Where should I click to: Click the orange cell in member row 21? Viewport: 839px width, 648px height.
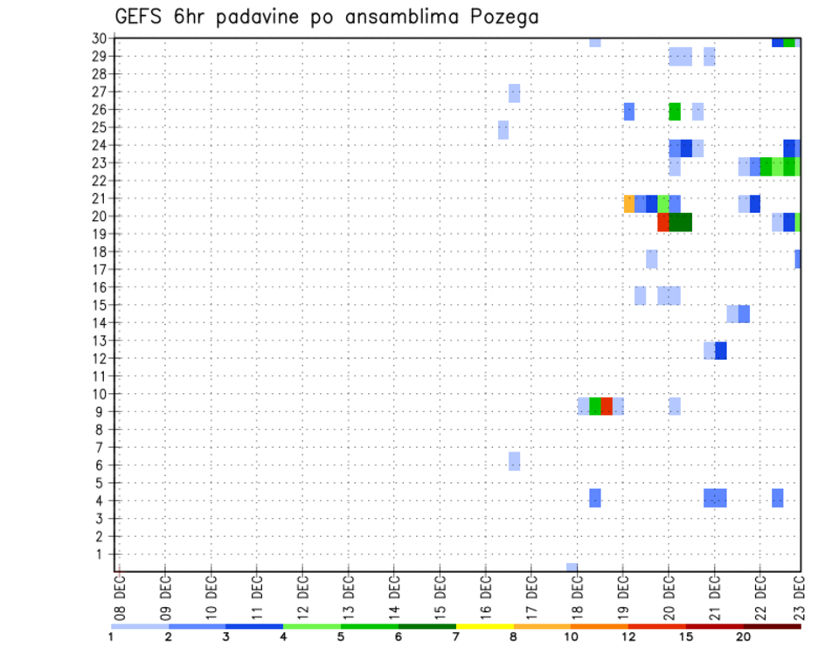coord(629,203)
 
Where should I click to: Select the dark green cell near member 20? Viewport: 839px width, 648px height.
coord(681,222)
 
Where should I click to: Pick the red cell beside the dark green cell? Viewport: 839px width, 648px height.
coord(663,222)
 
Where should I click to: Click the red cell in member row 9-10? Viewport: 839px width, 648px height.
coord(607,406)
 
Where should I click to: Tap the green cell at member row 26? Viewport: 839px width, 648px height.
coord(675,111)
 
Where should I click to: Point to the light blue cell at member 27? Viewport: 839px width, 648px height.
coord(515,93)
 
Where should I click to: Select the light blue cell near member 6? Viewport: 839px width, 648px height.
coord(515,461)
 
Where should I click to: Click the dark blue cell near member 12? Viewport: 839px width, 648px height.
coord(721,350)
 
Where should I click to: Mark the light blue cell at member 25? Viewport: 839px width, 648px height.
coord(503,129)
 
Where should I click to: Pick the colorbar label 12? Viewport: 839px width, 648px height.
coord(628,638)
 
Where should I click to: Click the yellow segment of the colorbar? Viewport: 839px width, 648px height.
coord(484,626)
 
